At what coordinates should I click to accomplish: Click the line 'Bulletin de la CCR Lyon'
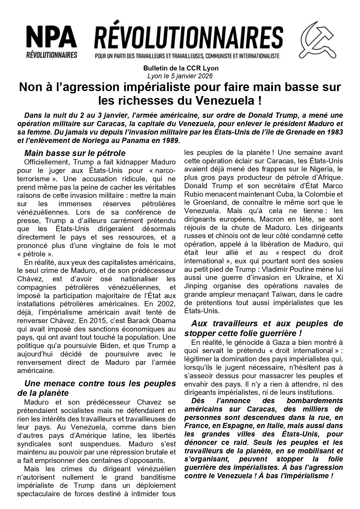(181, 68)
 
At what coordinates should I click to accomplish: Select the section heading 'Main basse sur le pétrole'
(75, 153)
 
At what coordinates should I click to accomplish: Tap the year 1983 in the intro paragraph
(334, 132)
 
